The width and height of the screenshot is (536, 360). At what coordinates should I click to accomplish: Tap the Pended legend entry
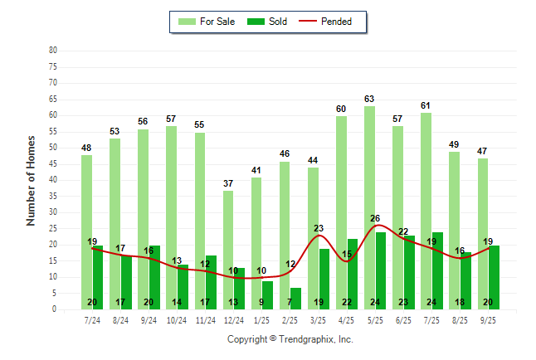coord(334,22)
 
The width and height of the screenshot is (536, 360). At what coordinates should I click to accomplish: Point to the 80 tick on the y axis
coord(53,51)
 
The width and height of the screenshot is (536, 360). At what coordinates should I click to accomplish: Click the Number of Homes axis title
coord(32,180)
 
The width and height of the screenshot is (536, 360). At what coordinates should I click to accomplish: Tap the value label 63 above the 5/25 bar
coord(369,100)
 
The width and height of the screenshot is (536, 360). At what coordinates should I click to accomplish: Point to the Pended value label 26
coord(375,219)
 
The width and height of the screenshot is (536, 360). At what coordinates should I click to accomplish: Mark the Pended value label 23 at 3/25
coord(319,228)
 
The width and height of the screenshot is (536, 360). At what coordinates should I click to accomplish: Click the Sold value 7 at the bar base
coord(290,302)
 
